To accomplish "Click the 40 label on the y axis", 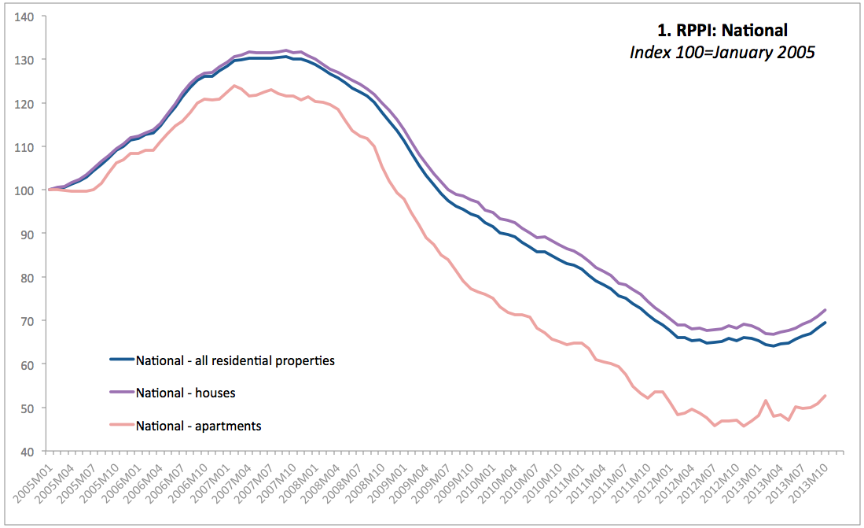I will (34, 452).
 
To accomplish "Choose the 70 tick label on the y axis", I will (34, 321).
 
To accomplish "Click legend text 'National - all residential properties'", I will (235, 361).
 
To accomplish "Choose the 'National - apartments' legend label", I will (198, 426).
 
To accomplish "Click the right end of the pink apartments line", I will (825, 396).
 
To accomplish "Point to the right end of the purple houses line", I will (825, 310).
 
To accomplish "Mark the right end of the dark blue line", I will (825, 323).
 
